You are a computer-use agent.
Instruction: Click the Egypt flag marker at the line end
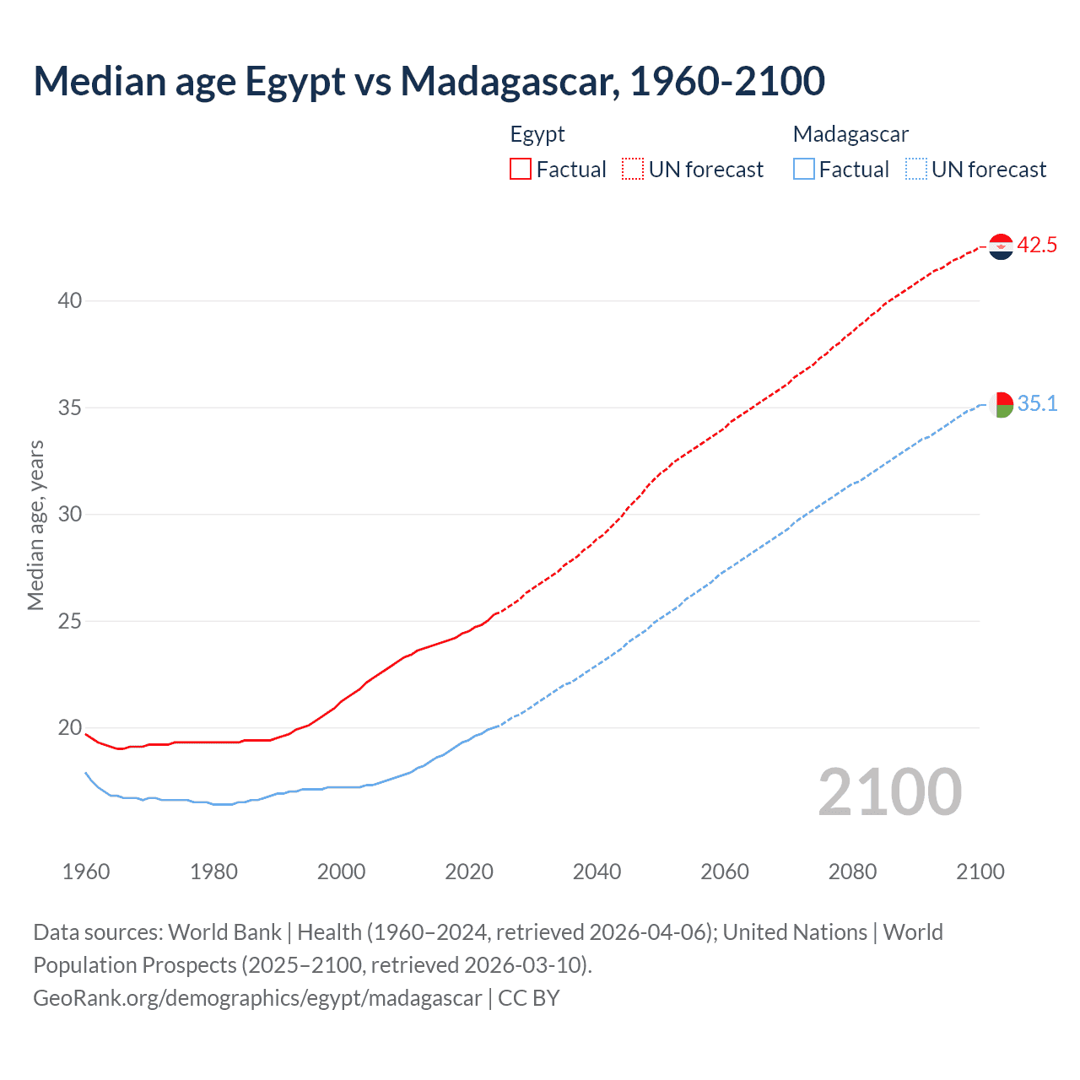[x=1001, y=246]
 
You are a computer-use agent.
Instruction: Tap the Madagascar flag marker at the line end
[x=1001, y=405]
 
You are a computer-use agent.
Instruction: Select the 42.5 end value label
[x=1037, y=246]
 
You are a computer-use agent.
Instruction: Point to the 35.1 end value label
[x=1037, y=404]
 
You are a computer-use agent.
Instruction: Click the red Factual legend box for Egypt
[x=521, y=170]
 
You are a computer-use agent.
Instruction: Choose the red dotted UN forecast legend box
[x=633, y=170]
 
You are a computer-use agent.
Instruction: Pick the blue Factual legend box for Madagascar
[x=803, y=170]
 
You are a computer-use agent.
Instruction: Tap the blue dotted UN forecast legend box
[x=915, y=170]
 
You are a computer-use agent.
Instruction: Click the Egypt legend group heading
[x=537, y=134]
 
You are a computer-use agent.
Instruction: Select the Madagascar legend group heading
[x=850, y=134]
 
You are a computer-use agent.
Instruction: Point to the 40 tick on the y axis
[x=70, y=301]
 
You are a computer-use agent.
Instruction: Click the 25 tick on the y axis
[x=70, y=622]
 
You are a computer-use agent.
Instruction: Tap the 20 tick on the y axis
[x=70, y=728]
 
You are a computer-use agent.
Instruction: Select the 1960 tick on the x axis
[x=86, y=872]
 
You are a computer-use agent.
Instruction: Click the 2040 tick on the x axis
[x=597, y=872]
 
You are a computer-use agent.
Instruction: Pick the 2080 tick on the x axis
[x=852, y=872]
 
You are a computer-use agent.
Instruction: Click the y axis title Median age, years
[x=35, y=525]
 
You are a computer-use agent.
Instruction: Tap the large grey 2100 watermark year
[x=889, y=791]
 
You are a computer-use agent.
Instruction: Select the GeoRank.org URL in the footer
[x=257, y=998]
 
